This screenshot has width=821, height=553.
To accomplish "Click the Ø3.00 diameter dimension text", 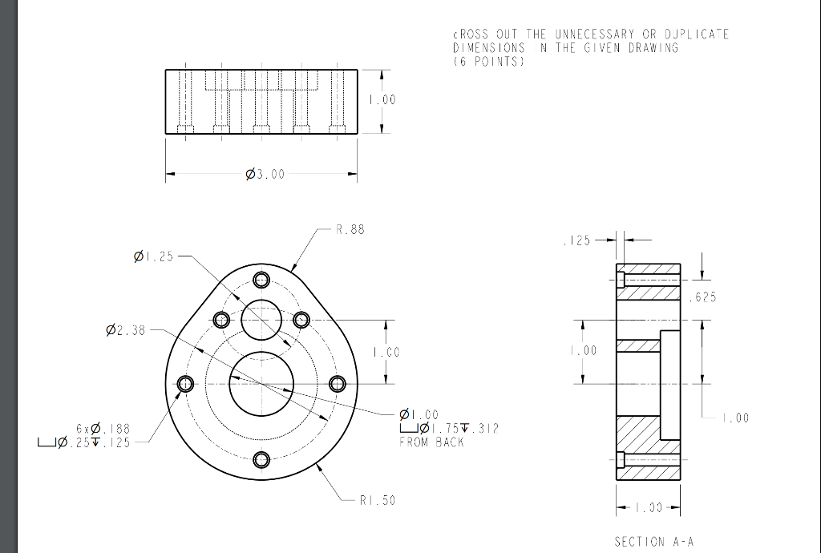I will pyautogui.click(x=265, y=175).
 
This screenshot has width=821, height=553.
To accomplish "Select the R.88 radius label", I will pyautogui.click(x=350, y=229).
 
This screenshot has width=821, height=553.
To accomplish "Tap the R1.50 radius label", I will pyautogui.click(x=377, y=501).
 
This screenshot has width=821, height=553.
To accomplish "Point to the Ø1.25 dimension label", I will pyautogui.click(x=153, y=257).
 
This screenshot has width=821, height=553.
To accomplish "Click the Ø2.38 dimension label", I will pyautogui.click(x=125, y=330).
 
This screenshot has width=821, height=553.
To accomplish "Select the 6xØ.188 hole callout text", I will pyautogui.click(x=103, y=430).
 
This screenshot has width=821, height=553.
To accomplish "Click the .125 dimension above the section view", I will pyautogui.click(x=576, y=240).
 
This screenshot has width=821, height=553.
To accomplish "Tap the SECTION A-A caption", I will pyautogui.click(x=653, y=542).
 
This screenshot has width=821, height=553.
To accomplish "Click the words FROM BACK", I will pyautogui.click(x=431, y=442).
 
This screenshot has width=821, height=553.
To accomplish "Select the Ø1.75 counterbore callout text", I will pyautogui.click(x=449, y=429).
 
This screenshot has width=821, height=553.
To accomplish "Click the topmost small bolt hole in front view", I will pyautogui.click(x=261, y=280).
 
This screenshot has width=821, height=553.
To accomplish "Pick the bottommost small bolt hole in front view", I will pyautogui.click(x=261, y=459).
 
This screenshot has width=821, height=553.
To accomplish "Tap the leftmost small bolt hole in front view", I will pyautogui.click(x=185, y=384).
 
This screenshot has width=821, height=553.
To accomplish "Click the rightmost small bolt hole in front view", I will pyautogui.click(x=338, y=384).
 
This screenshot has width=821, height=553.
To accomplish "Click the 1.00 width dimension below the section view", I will pyautogui.click(x=648, y=508).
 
